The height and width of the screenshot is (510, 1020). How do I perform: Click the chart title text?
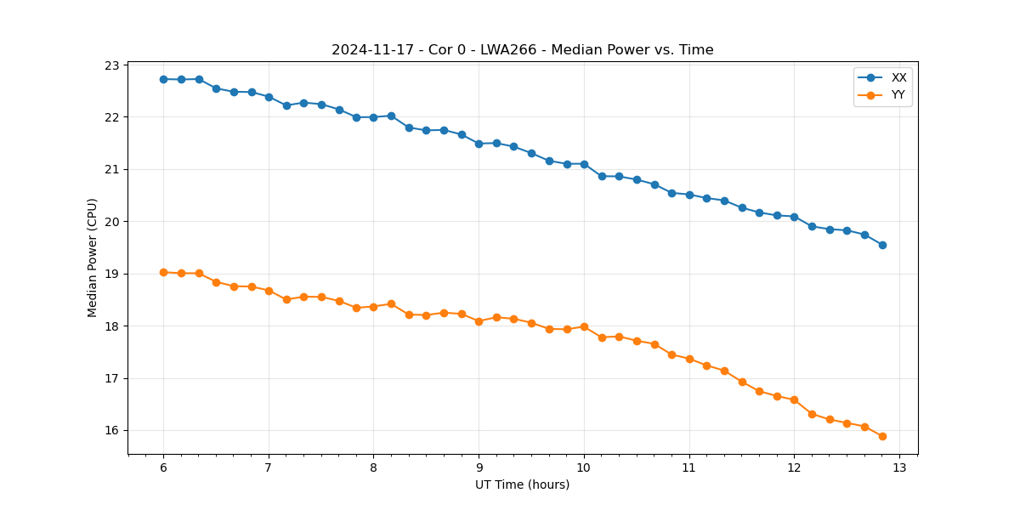click(x=522, y=50)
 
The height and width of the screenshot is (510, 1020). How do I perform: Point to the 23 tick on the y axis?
click(x=112, y=65)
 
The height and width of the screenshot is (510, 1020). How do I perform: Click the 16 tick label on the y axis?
click(x=112, y=431)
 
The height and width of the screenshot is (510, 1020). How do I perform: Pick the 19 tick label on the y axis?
click(x=112, y=275)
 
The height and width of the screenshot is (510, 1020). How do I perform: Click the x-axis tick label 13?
click(x=899, y=468)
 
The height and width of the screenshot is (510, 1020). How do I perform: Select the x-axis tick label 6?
click(x=163, y=468)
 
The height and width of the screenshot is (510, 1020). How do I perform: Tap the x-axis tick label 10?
click(x=584, y=468)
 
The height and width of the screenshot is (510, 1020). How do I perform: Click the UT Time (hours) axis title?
click(x=522, y=484)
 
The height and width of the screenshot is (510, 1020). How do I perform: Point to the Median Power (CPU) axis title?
click(x=93, y=258)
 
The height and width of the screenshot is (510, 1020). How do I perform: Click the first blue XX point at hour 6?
click(x=163, y=79)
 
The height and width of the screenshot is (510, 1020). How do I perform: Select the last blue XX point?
click(x=882, y=245)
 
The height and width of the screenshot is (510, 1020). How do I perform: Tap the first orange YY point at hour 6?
click(x=163, y=272)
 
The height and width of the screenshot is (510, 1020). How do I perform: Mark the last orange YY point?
click(x=882, y=436)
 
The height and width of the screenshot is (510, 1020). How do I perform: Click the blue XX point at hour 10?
click(x=584, y=164)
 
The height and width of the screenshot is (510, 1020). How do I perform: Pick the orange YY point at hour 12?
click(x=794, y=399)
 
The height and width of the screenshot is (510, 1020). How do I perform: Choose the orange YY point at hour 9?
click(x=479, y=321)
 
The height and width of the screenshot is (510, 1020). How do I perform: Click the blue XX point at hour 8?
click(x=373, y=117)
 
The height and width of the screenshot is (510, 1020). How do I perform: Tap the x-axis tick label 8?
click(x=373, y=468)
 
